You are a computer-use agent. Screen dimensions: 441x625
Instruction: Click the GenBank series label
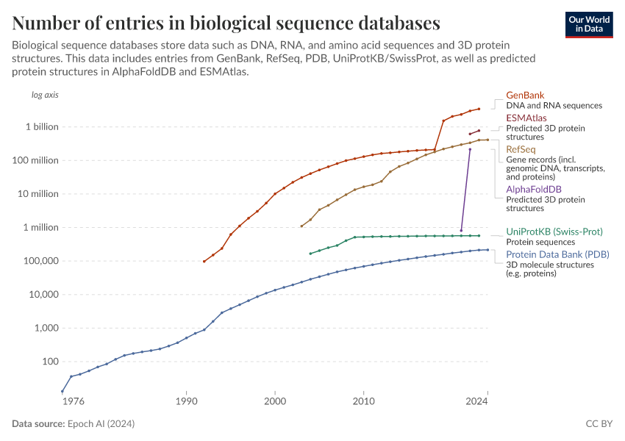[524, 96]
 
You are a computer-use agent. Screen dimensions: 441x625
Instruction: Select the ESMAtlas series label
[526, 118]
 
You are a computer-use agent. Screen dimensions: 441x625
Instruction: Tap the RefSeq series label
[521, 150]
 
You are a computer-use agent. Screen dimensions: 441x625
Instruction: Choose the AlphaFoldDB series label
[533, 190]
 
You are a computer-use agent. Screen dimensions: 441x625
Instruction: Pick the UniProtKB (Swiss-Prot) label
[554, 232]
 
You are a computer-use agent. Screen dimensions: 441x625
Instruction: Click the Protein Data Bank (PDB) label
[557, 255]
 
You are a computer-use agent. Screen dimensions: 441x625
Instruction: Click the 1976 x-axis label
[72, 401]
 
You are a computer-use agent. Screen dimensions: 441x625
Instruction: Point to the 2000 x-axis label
[274, 401]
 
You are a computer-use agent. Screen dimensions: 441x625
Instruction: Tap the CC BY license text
[599, 424]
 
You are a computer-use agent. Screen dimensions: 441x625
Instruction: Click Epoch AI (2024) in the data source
[101, 424]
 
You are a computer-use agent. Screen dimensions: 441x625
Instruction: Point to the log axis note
[44, 95]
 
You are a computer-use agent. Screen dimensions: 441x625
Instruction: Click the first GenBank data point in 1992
[204, 261]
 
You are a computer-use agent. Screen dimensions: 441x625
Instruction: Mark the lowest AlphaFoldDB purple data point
[461, 231]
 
